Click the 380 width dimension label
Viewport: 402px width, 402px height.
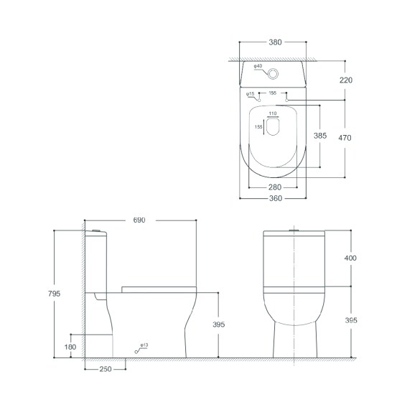click(275, 42)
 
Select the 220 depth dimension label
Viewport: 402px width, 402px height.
click(346, 80)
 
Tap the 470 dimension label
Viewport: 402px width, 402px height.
click(345, 138)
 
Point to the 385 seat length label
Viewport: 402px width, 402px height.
click(320, 136)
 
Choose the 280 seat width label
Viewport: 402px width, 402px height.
click(275, 187)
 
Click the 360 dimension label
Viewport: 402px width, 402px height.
click(276, 198)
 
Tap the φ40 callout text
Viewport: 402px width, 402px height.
click(258, 66)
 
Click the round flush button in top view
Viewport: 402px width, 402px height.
click(273, 74)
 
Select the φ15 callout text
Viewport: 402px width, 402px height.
click(251, 94)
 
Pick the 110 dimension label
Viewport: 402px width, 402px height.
click(273, 113)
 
